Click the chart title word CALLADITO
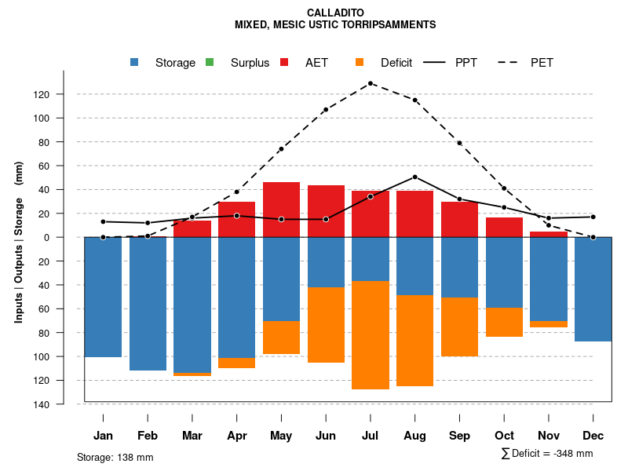pyautogui.click(x=335, y=13)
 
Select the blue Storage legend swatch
pyautogui.click(x=136, y=63)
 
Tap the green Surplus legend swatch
pyautogui.click(x=210, y=63)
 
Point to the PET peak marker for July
pyautogui.click(x=370, y=83)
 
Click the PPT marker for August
pyautogui.click(x=414, y=177)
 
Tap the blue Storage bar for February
pyautogui.click(x=148, y=303)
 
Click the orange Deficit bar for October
pyautogui.click(x=504, y=322)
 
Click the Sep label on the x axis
pyautogui.click(x=459, y=436)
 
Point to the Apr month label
pyautogui.click(x=237, y=436)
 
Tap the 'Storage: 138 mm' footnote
pyautogui.click(x=115, y=457)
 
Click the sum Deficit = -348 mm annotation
pyautogui.click(x=546, y=454)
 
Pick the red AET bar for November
pyautogui.click(x=549, y=235)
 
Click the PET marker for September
pyautogui.click(x=459, y=143)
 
